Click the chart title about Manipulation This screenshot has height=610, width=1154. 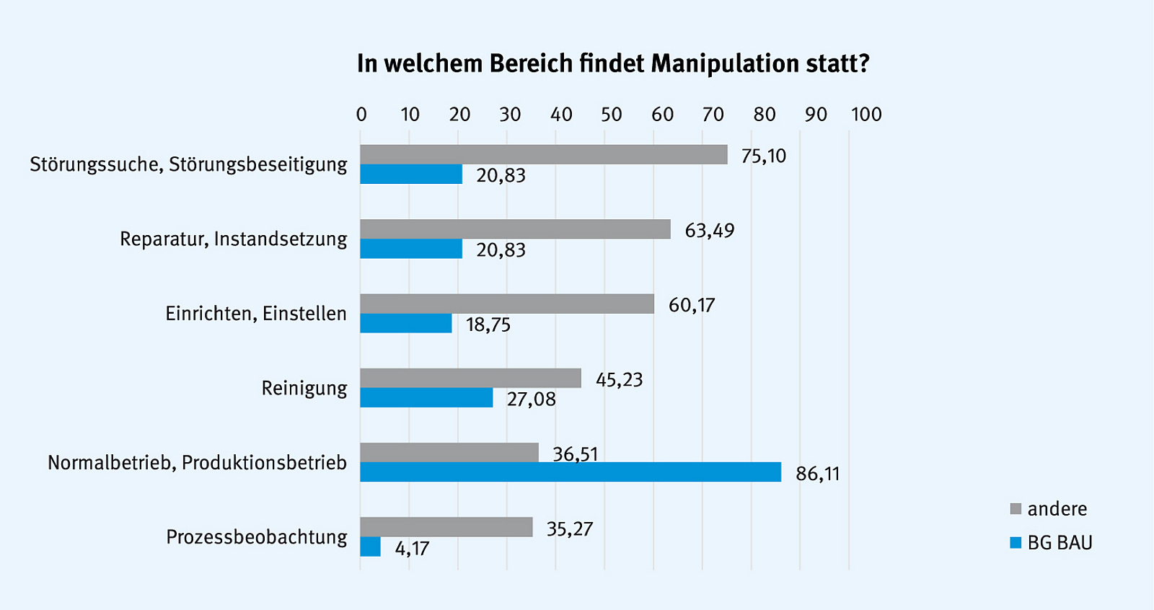tap(613, 63)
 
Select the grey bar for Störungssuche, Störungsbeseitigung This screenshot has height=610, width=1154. tap(543, 154)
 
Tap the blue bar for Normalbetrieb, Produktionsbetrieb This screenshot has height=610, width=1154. tap(570, 472)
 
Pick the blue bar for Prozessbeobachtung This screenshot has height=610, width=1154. tap(371, 547)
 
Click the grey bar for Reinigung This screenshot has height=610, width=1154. tap(470, 378)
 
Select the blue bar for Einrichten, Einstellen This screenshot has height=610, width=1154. tap(405, 323)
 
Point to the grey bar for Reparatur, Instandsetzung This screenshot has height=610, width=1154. tap(515, 229)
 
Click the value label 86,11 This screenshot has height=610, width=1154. tap(818, 474)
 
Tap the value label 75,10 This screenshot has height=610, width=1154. tap(764, 156)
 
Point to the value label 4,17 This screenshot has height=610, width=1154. tap(412, 549)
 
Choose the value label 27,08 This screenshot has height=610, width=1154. tap(531, 399)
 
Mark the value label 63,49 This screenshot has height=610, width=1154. tap(710, 231)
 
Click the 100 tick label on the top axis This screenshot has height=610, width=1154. tap(866, 115)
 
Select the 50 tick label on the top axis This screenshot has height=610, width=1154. tap(612, 115)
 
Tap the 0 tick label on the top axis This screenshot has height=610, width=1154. tap(361, 115)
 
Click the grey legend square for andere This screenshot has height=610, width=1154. tap(1016, 509)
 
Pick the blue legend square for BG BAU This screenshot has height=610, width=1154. tap(1016, 543)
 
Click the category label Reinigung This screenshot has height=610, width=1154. tap(304, 389)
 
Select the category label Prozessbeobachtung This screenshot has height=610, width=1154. tap(257, 537)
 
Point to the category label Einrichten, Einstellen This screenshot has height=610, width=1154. tap(256, 314)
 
